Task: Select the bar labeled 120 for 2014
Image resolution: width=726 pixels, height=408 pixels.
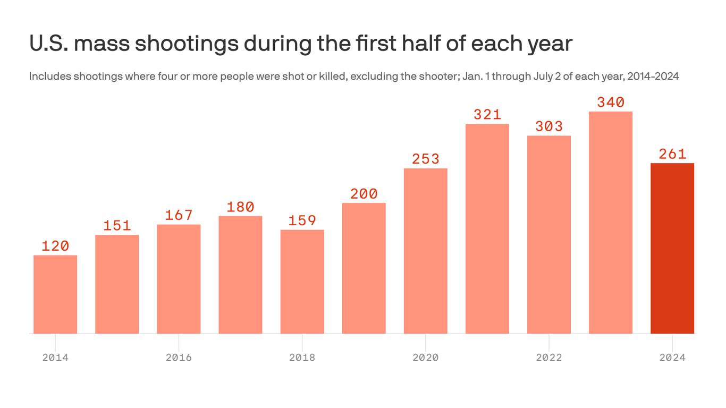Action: click(55, 294)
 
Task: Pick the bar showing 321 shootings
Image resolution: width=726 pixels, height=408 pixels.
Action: click(487, 228)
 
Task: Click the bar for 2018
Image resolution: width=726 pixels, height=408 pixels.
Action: click(302, 282)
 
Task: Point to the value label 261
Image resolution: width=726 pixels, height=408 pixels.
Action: click(672, 154)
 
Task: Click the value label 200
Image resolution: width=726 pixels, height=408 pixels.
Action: click(364, 194)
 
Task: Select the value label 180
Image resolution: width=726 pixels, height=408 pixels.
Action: click(240, 207)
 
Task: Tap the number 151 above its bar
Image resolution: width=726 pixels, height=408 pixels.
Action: click(117, 226)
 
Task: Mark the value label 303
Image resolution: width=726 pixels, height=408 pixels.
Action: click(549, 126)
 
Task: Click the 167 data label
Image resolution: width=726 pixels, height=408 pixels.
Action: click(179, 215)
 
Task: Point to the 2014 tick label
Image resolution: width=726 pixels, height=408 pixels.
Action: click(55, 358)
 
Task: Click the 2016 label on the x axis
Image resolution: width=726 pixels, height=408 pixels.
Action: click(179, 358)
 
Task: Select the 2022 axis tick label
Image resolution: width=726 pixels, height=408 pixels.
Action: click(549, 358)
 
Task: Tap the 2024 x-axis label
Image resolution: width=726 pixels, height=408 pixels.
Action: click(672, 358)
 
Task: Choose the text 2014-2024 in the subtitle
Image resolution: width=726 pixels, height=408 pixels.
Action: click(653, 76)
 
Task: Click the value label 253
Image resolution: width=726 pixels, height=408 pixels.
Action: click(425, 159)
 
